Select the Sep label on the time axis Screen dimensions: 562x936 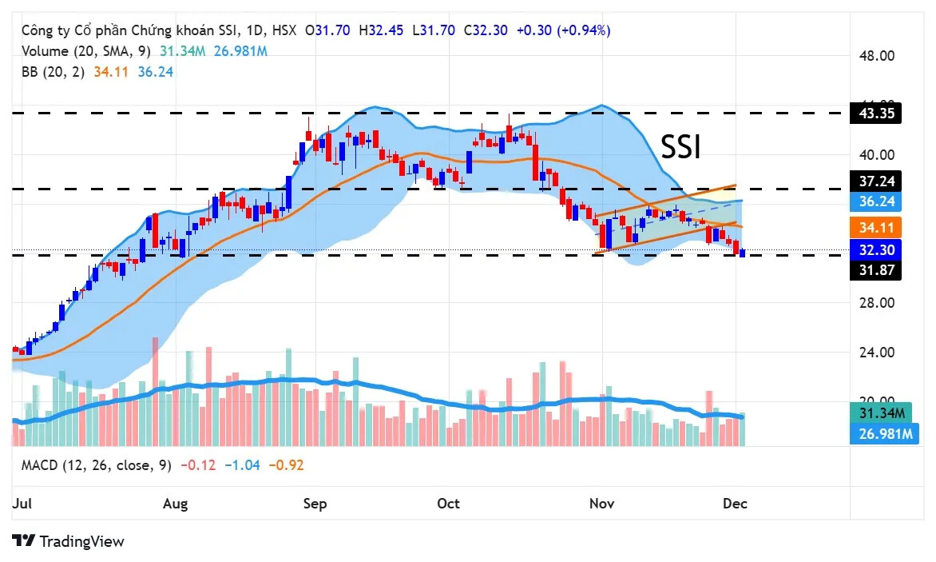pyautogui.click(x=315, y=504)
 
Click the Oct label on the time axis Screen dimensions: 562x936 pyautogui.click(x=449, y=504)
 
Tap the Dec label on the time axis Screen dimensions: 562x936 pyautogui.click(x=735, y=504)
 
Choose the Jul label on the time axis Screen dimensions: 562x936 pyautogui.click(x=22, y=504)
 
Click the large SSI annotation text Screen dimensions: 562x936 pyautogui.click(x=680, y=147)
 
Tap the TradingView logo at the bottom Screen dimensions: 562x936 pyautogui.click(x=69, y=541)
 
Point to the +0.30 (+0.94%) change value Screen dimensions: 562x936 pyautogui.click(x=563, y=30)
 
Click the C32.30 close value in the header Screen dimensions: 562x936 pyautogui.click(x=486, y=30)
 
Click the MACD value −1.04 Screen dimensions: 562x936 pyautogui.click(x=242, y=464)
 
